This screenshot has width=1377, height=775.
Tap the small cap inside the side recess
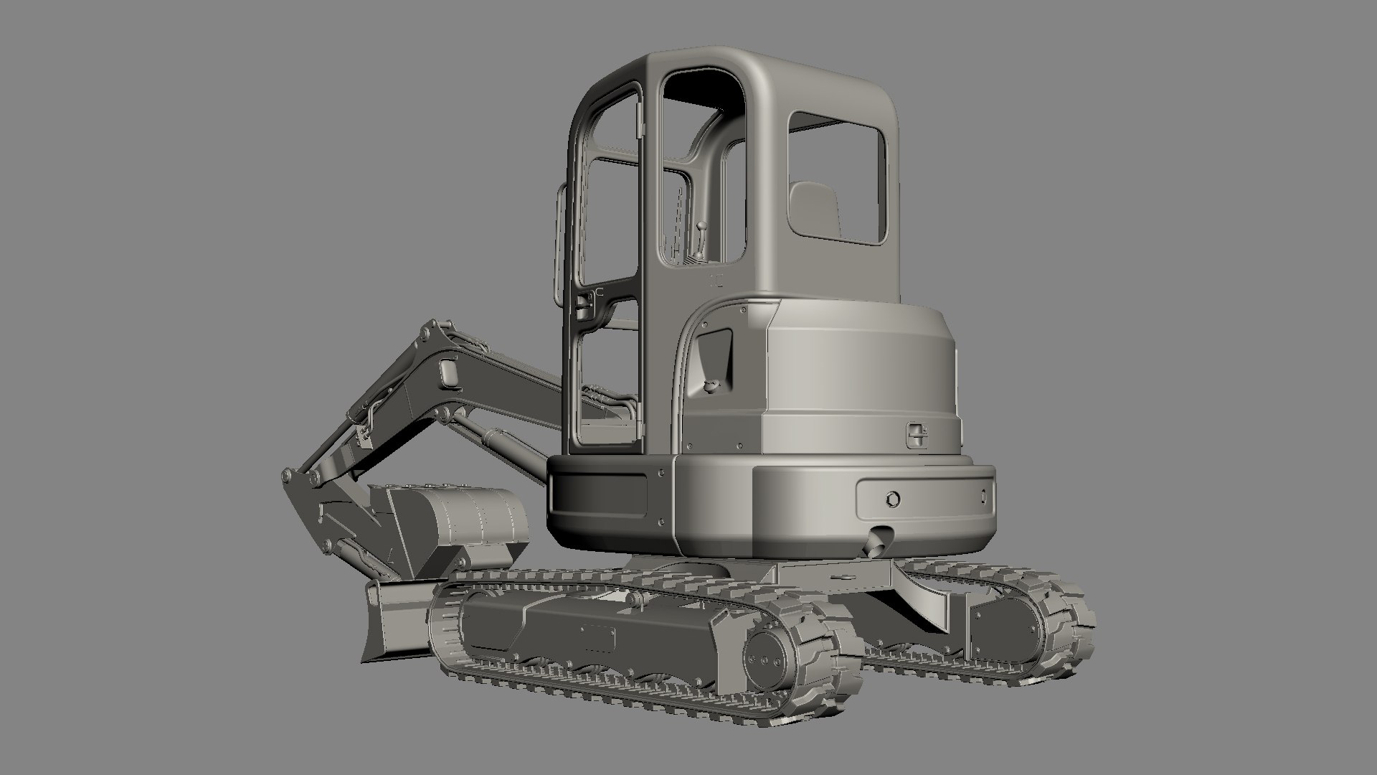711,387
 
